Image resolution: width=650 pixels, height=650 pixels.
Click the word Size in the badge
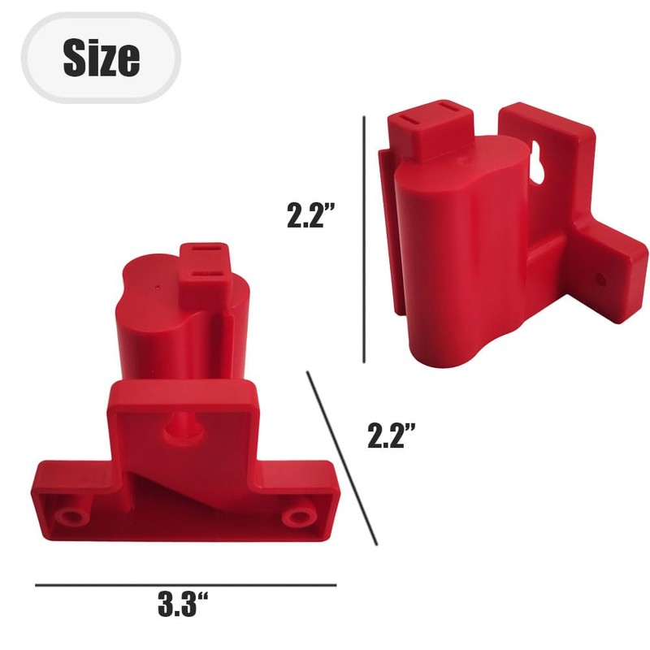click(101, 57)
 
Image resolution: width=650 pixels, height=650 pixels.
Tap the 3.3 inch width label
click(183, 605)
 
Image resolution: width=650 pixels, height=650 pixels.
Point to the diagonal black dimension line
click(342, 458)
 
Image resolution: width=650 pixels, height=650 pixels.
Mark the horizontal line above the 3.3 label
click(185, 584)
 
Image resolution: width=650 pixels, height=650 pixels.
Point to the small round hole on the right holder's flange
click(600, 279)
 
